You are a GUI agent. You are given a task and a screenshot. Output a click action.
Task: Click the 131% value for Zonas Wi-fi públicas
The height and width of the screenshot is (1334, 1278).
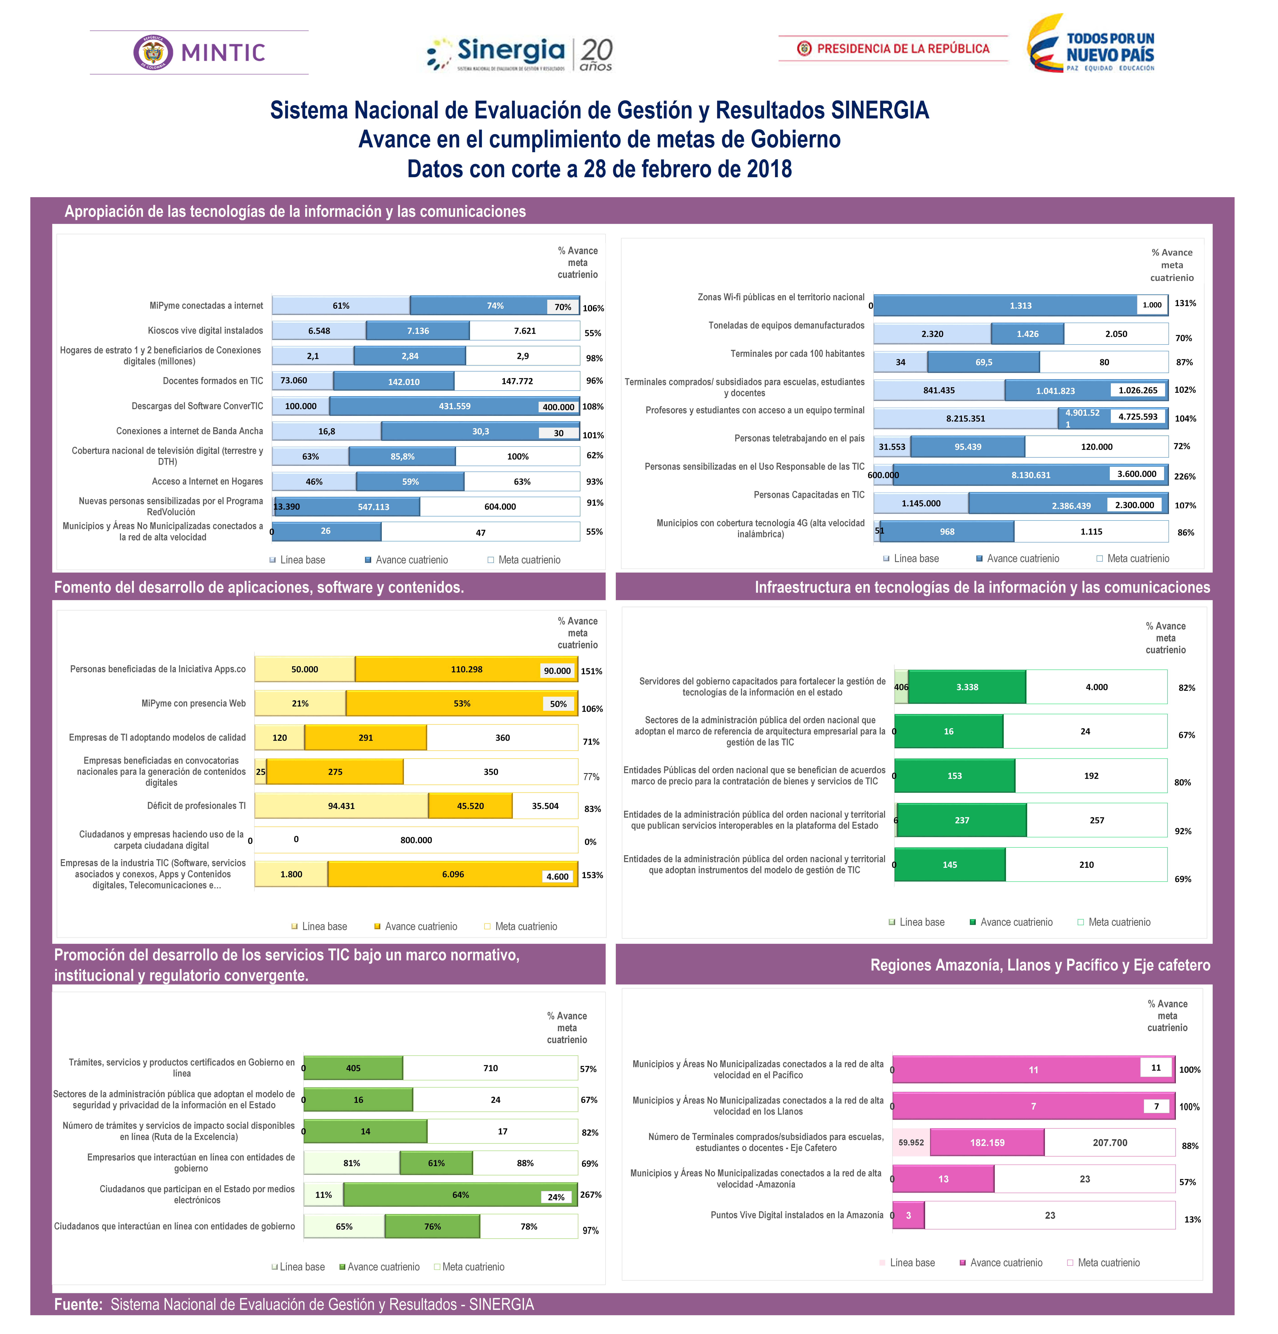point(1185,304)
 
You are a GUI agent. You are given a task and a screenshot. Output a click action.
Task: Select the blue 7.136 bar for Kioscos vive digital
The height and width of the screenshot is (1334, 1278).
point(418,331)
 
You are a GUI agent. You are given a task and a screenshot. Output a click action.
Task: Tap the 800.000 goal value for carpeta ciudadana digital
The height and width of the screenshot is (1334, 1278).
point(416,840)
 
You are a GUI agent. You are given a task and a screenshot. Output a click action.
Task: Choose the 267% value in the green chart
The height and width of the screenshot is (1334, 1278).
point(590,1194)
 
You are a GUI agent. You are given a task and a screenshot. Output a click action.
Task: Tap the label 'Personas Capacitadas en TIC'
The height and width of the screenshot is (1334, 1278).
point(809,495)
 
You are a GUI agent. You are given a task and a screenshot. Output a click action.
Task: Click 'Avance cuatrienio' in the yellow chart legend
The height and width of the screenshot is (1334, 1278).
point(421,926)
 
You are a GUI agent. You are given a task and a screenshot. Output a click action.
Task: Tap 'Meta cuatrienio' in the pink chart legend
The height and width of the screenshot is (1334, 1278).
point(1108,1262)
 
